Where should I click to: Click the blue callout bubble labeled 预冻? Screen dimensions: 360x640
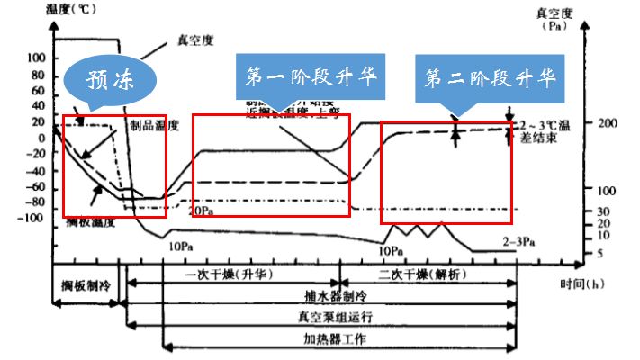pos(110,79)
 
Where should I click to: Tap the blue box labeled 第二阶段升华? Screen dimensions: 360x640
pos(490,78)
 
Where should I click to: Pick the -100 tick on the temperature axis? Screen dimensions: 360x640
pos(32,218)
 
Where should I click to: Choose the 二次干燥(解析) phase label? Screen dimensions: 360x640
pos(423,274)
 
